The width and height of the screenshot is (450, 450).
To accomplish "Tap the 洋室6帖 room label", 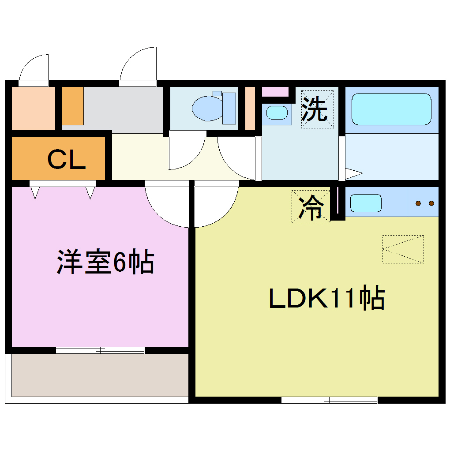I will (105, 262).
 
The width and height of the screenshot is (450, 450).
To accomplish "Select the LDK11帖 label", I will (326, 299).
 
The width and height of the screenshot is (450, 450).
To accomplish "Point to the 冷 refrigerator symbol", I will (311, 206).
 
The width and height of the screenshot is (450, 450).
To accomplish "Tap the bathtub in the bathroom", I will (391, 109).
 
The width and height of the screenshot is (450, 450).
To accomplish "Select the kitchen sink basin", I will (366, 203).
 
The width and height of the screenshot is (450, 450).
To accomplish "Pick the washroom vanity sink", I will (277, 112).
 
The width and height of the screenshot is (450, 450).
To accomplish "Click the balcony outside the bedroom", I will (100, 375).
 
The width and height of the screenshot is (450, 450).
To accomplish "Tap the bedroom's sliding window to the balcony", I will (100, 350).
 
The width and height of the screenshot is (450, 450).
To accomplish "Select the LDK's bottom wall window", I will (329, 400).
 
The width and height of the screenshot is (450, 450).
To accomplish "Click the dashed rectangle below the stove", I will (403, 249).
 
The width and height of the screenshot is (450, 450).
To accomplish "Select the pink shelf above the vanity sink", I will (275, 92).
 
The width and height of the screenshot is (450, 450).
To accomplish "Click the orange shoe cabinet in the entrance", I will (73, 106).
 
